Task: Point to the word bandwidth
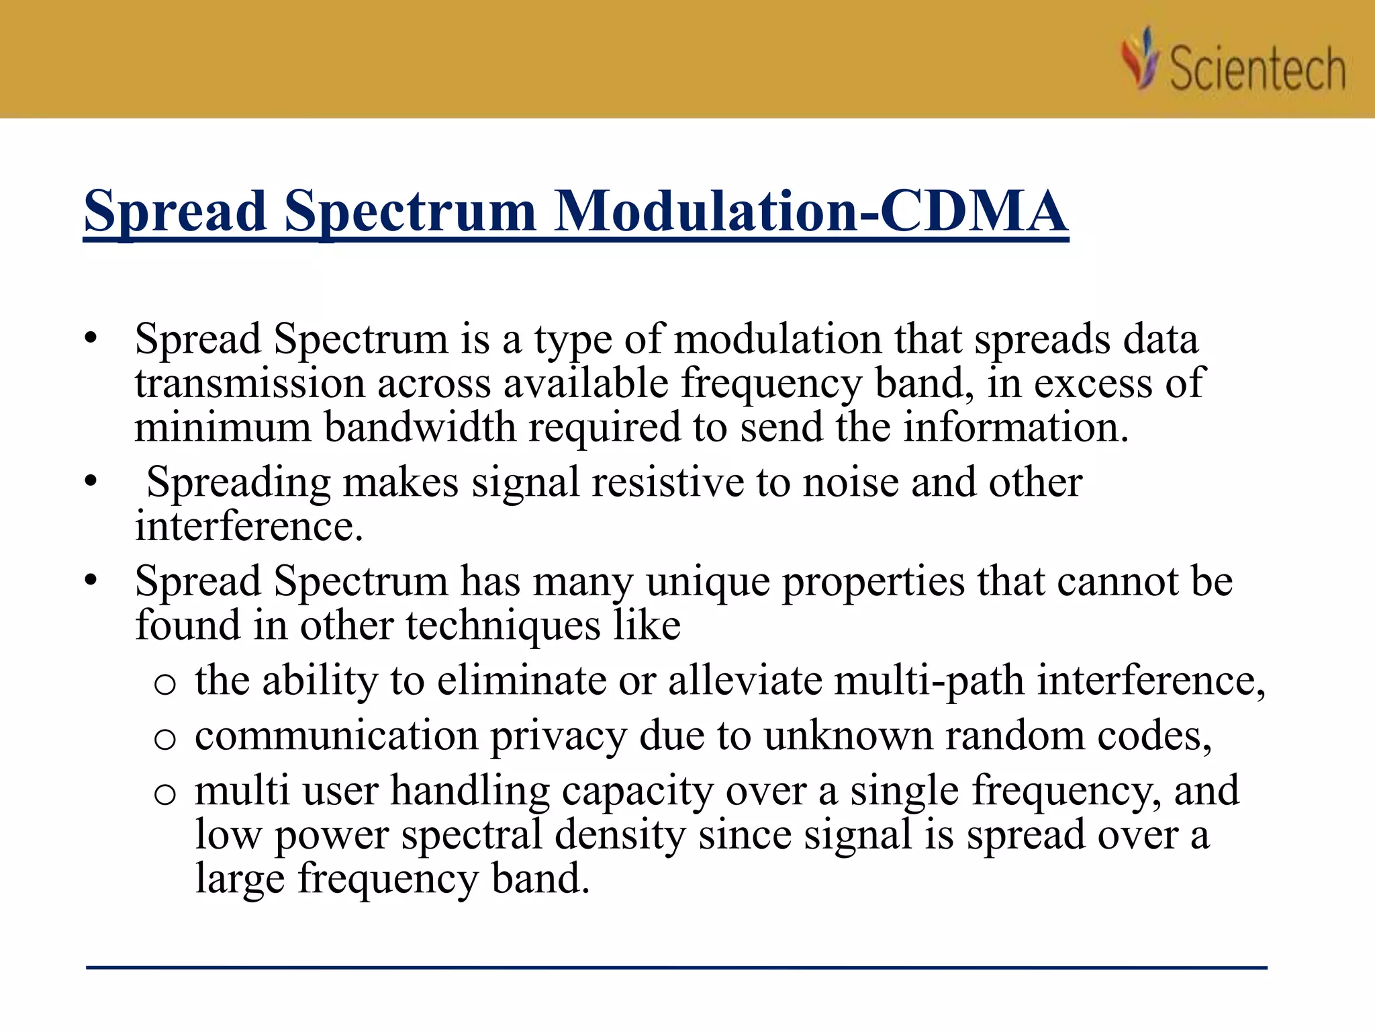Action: pos(420,427)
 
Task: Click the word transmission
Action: pos(249,384)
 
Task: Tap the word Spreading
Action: pos(238,483)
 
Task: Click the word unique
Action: pos(708,581)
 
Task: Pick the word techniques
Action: pos(503,626)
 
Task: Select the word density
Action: pos(620,835)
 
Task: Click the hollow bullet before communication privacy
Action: pos(164,740)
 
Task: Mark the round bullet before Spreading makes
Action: pos(91,482)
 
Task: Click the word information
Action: pos(1015,427)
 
